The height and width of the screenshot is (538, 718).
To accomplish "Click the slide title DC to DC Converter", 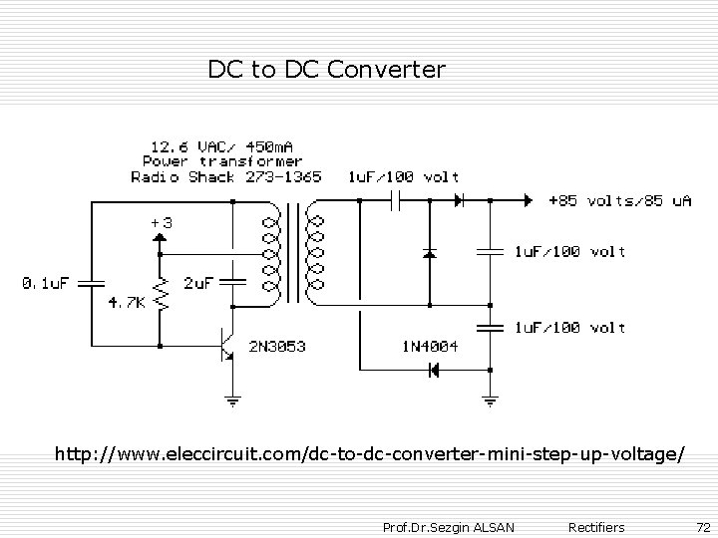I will [x=326, y=70].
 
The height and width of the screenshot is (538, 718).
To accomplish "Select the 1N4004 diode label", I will [x=430, y=347].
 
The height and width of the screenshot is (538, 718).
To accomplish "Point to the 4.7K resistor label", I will [x=127, y=302].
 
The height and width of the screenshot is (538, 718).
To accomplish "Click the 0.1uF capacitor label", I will [x=46, y=283].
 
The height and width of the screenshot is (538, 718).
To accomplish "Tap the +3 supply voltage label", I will [x=161, y=224].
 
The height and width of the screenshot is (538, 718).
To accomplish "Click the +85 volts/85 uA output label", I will [x=620, y=200].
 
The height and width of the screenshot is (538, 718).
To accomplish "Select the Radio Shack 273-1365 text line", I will [x=226, y=177].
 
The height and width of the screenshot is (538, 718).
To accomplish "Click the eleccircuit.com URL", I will [x=369, y=454].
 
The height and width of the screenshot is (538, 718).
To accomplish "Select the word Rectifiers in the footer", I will [x=595, y=525].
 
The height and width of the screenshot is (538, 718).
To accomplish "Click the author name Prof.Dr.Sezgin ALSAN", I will [x=449, y=525].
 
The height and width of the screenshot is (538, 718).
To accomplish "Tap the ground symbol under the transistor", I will [x=231, y=402].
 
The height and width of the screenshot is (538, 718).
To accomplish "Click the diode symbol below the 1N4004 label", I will [x=434, y=371].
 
